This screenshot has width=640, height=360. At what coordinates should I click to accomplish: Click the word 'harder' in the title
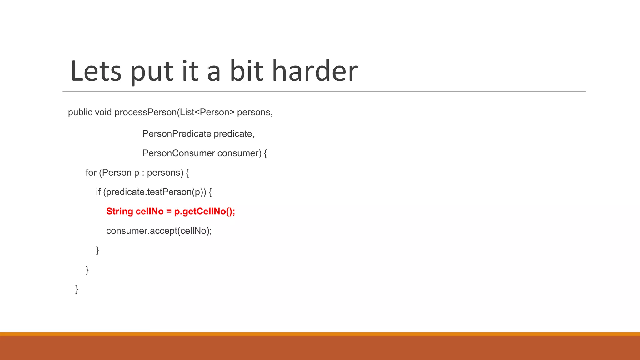click(315, 71)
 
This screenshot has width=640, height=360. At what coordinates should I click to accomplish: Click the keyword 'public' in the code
click(80, 112)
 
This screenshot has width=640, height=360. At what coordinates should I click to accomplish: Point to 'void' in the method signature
click(103, 112)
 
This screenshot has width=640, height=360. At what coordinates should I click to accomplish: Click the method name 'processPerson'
click(146, 112)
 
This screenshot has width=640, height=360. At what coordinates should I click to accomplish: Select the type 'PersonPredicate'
click(177, 134)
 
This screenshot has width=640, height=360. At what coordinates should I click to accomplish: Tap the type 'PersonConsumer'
click(178, 153)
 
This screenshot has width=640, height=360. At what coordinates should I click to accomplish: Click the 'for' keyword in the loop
click(91, 172)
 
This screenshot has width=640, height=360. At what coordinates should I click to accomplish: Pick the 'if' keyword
click(98, 192)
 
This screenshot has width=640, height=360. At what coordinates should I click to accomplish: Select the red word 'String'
click(120, 212)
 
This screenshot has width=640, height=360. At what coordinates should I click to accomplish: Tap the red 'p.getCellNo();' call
click(205, 212)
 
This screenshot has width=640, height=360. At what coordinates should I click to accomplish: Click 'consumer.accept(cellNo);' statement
click(159, 231)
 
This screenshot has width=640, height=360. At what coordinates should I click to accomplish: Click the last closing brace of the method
click(77, 289)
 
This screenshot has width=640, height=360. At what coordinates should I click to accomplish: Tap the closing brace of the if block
click(97, 250)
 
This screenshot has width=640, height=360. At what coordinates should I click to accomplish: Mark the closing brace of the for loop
click(87, 270)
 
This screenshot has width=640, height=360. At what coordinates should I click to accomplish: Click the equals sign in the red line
click(169, 212)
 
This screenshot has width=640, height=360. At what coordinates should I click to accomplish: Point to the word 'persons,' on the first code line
click(255, 112)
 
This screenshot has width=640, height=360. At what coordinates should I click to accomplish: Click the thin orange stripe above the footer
click(320, 334)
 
